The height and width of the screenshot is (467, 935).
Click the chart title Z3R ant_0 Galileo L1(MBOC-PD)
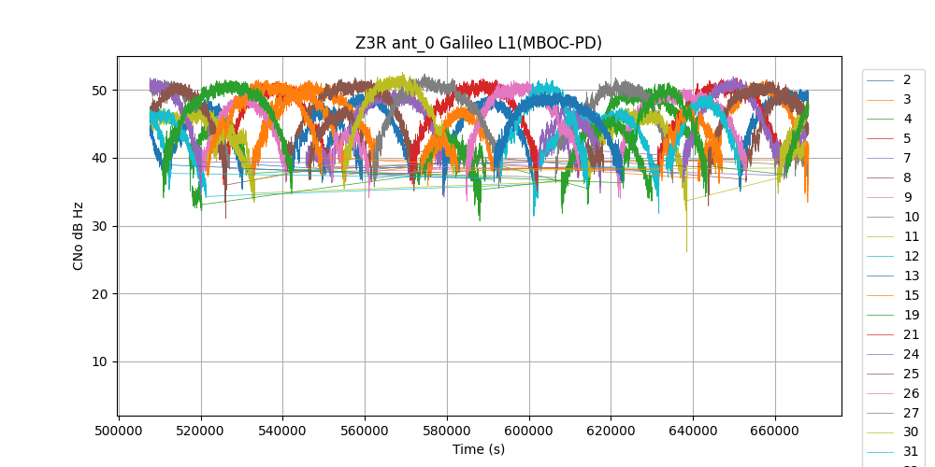[x=478, y=43]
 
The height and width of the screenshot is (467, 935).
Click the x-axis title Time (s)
[x=479, y=449]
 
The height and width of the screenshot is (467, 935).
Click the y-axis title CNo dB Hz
[x=79, y=236]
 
